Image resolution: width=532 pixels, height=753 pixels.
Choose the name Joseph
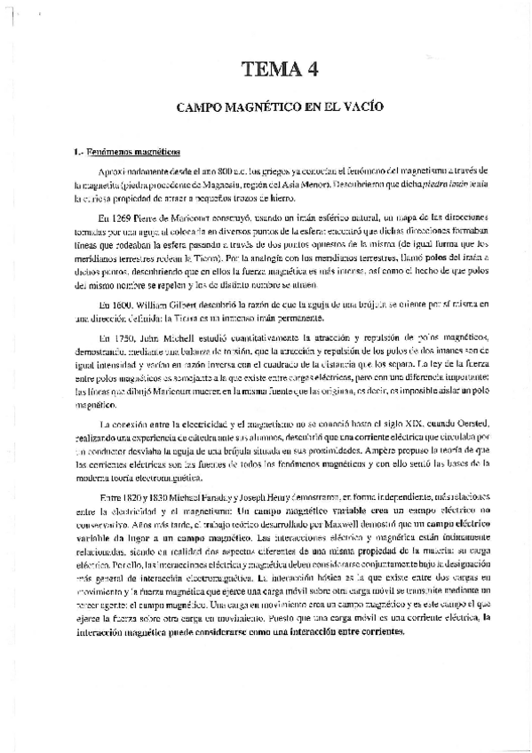(252, 498)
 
